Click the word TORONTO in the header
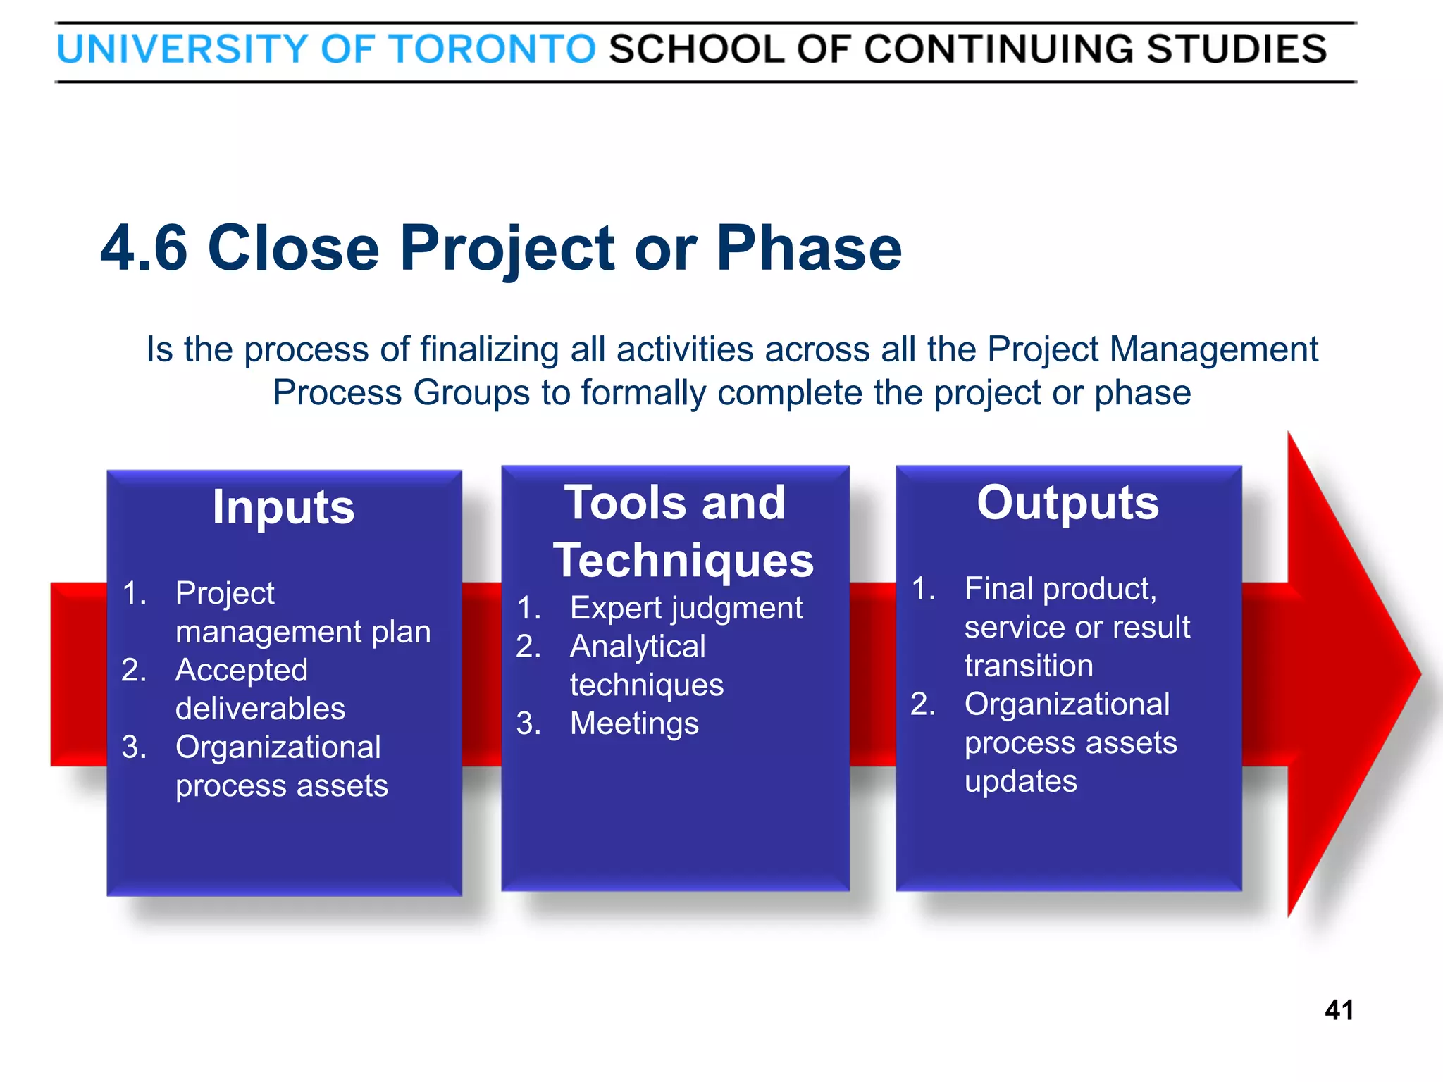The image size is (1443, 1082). (493, 49)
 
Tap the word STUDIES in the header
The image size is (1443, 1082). (1237, 49)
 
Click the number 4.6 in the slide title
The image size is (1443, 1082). (144, 248)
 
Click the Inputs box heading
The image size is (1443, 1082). (283, 507)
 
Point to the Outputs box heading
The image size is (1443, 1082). (1067, 503)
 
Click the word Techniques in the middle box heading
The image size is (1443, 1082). (683, 561)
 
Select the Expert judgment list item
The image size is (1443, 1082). (686, 608)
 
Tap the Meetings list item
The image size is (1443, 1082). (634, 723)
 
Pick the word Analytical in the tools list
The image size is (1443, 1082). (638, 647)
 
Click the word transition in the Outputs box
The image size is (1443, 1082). (1029, 666)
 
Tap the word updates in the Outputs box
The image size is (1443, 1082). (1020, 781)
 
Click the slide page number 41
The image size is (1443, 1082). (1339, 1010)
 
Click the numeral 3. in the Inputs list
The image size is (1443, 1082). (134, 747)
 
